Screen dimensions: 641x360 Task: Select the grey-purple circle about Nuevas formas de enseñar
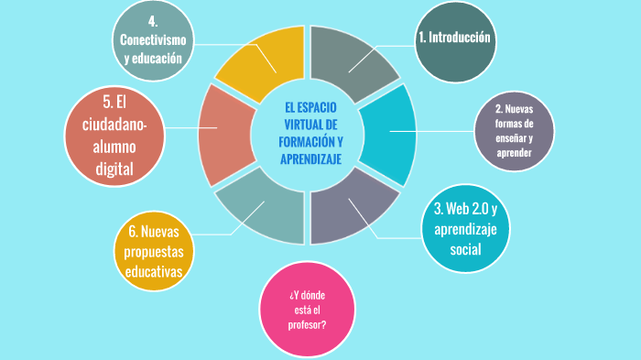click(514, 132)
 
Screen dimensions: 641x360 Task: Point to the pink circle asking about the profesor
click(306, 310)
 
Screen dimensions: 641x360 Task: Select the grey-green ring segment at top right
click(359, 58)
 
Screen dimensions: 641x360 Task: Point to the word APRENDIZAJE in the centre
click(310, 159)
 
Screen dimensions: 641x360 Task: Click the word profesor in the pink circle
click(306, 324)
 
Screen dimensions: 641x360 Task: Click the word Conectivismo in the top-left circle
click(153, 40)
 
